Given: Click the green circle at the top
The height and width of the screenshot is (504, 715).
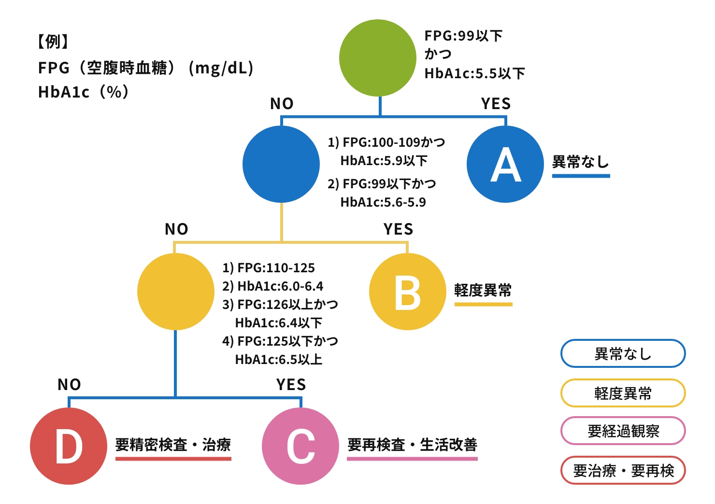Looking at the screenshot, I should pyautogui.click(x=378, y=58).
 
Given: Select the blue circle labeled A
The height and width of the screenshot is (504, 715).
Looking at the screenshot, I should pyautogui.click(x=505, y=164).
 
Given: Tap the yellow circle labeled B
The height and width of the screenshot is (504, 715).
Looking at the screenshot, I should pyautogui.click(x=407, y=292).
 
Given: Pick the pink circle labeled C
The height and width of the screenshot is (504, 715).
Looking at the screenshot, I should pyautogui.click(x=300, y=446).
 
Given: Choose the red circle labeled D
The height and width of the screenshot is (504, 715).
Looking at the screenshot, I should pyautogui.click(x=69, y=446).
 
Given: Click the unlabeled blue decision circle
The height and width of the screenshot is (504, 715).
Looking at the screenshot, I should pyautogui.click(x=281, y=164).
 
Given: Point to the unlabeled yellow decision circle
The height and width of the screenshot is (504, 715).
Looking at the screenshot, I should pyautogui.click(x=175, y=292).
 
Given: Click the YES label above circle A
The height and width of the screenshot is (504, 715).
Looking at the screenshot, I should pyautogui.click(x=496, y=104).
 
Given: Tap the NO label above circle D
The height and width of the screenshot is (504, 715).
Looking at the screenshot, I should pyautogui.click(x=69, y=385).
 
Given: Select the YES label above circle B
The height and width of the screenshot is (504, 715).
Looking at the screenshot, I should pyautogui.click(x=398, y=229).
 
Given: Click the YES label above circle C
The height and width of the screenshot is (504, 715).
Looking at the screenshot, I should pyautogui.click(x=291, y=385).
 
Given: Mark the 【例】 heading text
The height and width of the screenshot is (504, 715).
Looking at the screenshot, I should pyautogui.click(x=53, y=42).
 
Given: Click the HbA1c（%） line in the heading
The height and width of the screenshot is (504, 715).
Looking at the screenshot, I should pyautogui.click(x=84, y=92).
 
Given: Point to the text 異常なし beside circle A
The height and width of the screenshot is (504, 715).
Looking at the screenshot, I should pyautogui.click(x=580, y=162).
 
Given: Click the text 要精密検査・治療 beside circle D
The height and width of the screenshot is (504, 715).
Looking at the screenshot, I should pyautogui.click(x=173, y=445).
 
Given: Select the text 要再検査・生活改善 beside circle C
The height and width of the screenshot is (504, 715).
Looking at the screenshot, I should pyautogui.click(x=412, y=445).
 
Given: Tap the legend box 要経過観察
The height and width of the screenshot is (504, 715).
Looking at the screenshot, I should pyautogui.click(x=623, y=431).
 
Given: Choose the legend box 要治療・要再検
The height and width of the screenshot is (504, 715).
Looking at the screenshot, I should pyautogui.click(x=623, y=470).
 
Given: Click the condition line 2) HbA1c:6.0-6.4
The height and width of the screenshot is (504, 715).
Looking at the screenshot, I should pyautogui.click(x=272, y=286).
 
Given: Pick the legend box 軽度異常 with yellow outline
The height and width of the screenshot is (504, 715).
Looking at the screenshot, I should pyautogui.click(x=623, y=393).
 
